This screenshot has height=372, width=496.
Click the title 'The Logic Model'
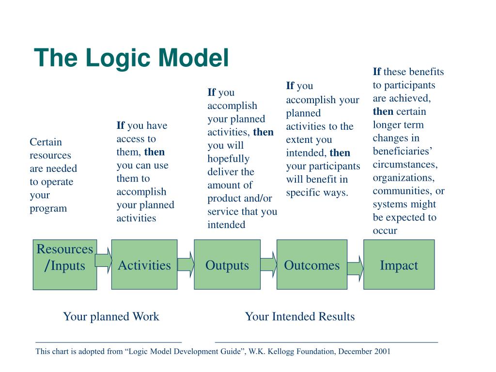tap(131, 58)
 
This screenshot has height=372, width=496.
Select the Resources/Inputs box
tap(64, 264)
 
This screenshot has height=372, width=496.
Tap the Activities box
tap(144, 264)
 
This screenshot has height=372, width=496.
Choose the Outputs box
tap(227, 264)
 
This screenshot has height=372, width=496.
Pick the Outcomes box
tap(311, 264)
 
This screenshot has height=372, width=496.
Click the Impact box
tap(399, 264)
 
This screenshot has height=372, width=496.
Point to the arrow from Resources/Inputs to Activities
tap(103, 261)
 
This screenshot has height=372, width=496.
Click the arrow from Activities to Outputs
tap(186, 264)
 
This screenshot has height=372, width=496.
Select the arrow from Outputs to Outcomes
tap(268, 264)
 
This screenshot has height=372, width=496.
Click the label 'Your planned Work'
tap(111, 317)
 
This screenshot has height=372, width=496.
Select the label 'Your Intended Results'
tap(300, 317)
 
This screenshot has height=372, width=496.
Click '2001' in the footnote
tap(382, 352)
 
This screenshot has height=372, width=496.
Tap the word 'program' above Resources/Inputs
tap(48, 209)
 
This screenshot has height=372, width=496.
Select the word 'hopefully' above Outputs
tap(228, 159)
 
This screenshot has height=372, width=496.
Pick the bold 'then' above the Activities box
tap(155, 152)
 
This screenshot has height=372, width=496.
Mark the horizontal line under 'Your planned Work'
tap(108, 342)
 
